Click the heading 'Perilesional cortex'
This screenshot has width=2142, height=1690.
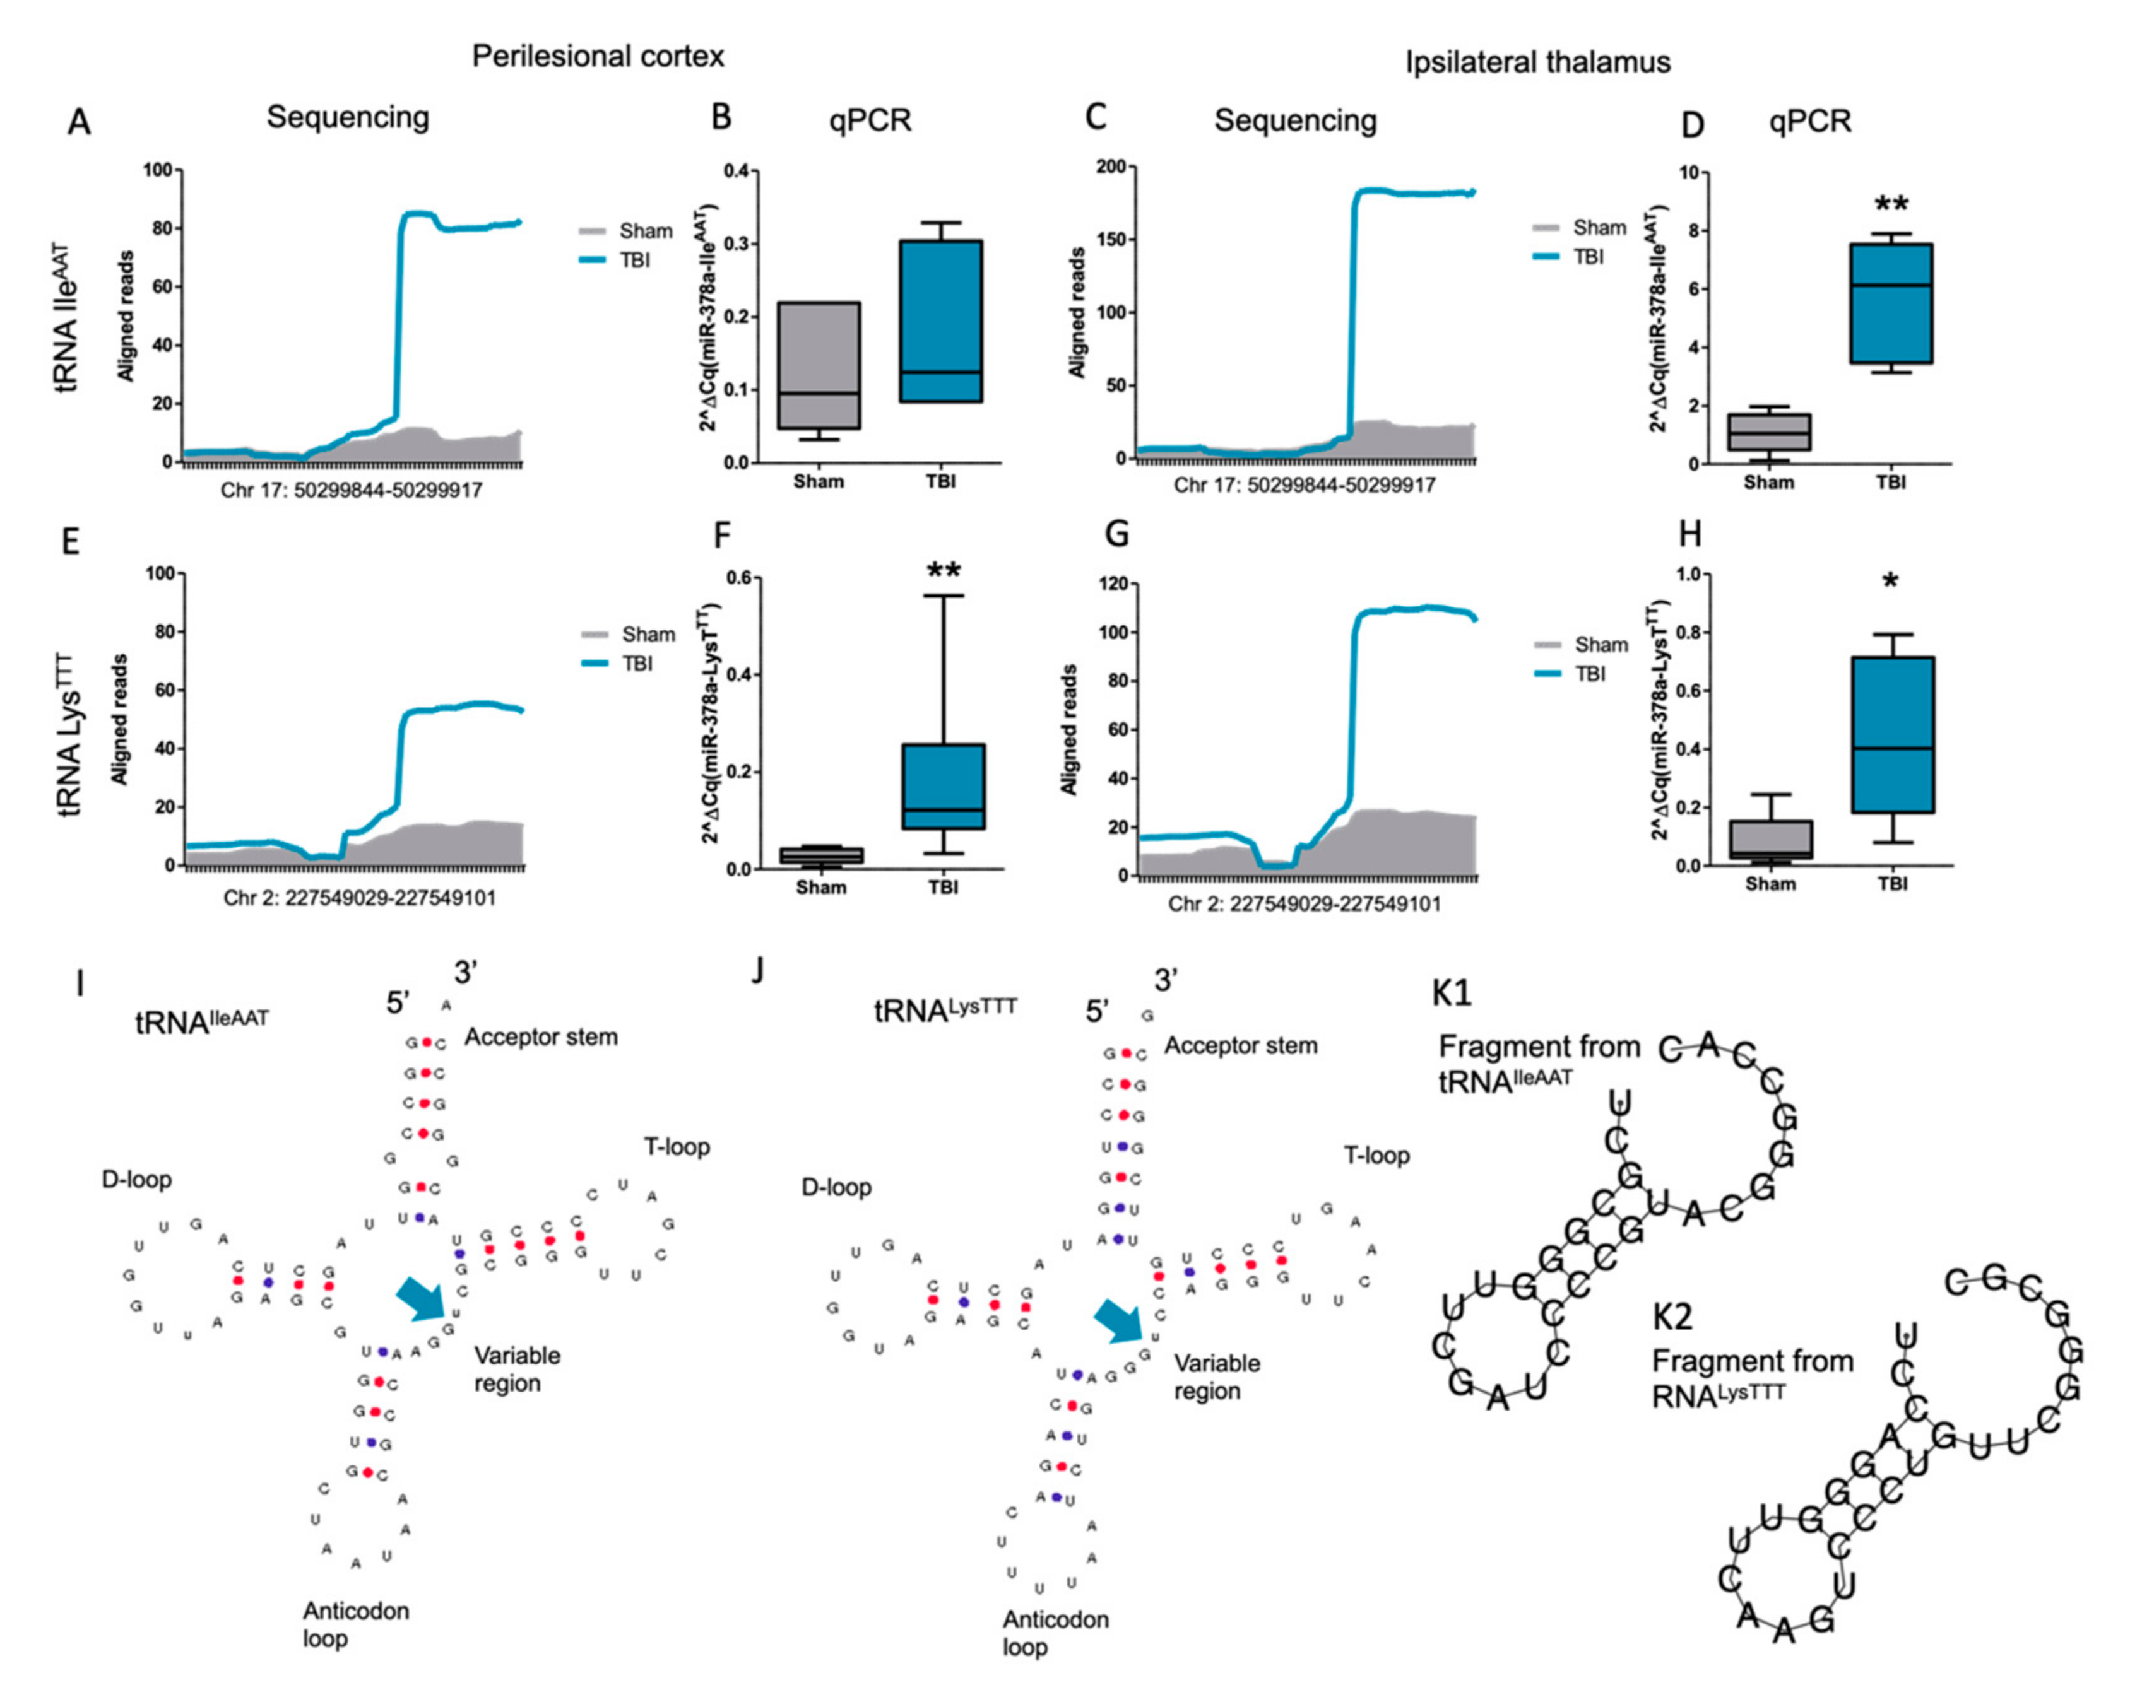point(598,56)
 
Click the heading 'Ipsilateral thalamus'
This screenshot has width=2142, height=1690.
point(1537,62)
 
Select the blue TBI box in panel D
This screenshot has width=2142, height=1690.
point(1891,304)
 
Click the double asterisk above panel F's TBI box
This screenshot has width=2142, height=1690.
point(944,571)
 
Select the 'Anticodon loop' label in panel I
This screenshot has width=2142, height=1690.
point(355,1624)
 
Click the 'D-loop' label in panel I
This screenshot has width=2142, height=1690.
point(136,1180)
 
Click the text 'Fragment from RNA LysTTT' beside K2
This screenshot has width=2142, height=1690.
point(1752,1376)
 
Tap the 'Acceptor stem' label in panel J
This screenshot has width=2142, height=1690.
point(1240,1046)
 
